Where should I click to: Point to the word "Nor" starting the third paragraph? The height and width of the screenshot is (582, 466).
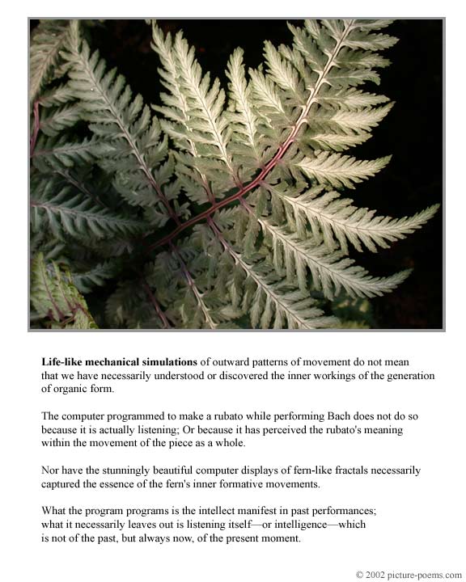[50, 470]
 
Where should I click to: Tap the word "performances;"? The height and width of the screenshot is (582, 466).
[345, 512]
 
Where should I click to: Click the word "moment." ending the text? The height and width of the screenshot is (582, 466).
[282, 538]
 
